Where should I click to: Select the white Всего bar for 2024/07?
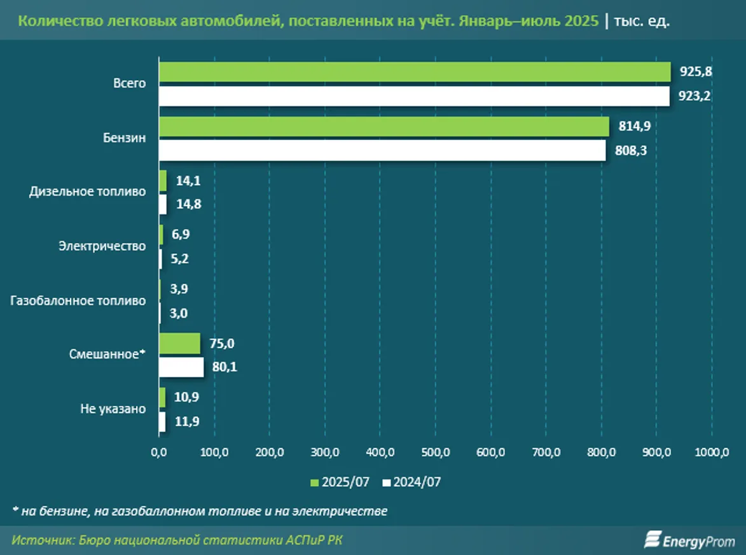(414, 97)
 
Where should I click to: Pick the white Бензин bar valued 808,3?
(382, 151)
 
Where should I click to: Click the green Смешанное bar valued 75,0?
(179, 344)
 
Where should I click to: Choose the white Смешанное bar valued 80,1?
(181, 368)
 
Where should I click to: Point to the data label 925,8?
(696, 72)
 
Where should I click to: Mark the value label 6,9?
(181, 234)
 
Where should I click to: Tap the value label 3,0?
(179, 313)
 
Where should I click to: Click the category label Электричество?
(102, 246)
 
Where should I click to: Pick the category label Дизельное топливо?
(88, 192)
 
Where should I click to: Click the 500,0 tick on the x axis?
(435, 453)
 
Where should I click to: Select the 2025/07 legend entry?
(340, 482)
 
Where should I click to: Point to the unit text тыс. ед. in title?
(642, 20)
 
